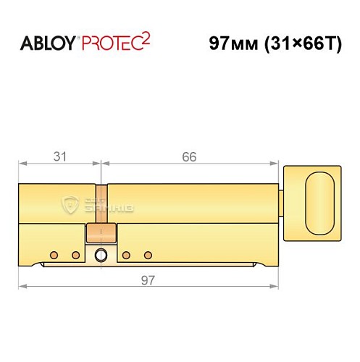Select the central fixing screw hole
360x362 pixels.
click(101, 254)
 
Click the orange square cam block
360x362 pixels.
click(101, 233)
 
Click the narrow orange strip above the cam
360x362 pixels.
click(101, 203)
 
